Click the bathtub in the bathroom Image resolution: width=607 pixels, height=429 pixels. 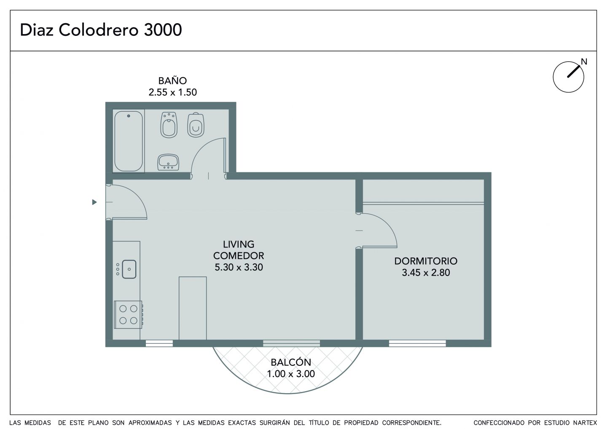pos(129,141)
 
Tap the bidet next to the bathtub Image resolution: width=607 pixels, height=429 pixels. pos(169,125)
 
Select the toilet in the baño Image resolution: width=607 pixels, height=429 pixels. pos(196,125)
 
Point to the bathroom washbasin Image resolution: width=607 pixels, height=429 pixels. pos(168,162)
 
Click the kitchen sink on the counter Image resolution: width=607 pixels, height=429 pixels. pos(129,269)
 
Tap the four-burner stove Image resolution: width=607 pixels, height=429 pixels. pos(129,314)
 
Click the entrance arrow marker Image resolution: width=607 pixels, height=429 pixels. pos(94,202)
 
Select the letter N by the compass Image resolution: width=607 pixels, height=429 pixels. pos(584,62)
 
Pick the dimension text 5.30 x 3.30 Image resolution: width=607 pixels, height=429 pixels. pos(239,267)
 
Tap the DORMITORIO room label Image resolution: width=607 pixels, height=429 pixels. pos(426,261)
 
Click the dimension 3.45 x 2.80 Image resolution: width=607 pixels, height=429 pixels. pos(426,273)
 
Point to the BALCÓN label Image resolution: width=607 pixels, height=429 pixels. pos(291,362)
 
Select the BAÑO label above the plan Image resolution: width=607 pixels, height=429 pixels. pos(173,80)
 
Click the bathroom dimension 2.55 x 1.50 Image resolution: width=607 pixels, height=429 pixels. pos(173,92)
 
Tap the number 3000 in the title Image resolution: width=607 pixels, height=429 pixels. pos(163,30)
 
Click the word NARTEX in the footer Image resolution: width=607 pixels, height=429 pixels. pos(585,423)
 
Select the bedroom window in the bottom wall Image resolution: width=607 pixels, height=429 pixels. pos(417,343)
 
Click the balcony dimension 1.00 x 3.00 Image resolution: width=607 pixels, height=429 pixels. pos(291,374)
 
